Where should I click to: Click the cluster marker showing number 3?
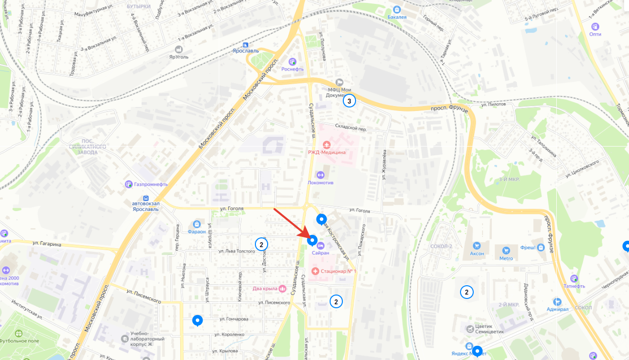coord(349,101)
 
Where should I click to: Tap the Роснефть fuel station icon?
coord(293,62)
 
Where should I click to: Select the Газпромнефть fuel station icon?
coord(128,184)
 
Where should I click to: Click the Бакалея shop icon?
coord(397,9)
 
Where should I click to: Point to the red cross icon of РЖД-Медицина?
coord(327,144)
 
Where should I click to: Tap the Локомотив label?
coord(320,183)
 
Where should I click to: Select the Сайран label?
coord(321,253)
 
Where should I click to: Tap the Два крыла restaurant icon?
coord(281,289)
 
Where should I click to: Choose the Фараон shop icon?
coord(197,224)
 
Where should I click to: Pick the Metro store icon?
coord(506,251)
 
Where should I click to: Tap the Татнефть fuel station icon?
coord(574,278)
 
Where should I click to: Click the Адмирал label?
coord(557,310)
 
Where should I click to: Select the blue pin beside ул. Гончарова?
coord(197,320)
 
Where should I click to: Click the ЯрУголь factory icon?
coord(179,49)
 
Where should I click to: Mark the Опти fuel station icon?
coord(595,27)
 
